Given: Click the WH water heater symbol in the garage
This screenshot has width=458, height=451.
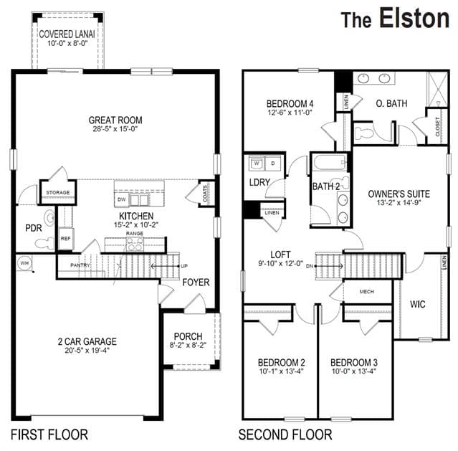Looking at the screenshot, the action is tap(24, 263).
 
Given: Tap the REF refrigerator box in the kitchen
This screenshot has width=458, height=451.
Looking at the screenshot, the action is tap(66, 239).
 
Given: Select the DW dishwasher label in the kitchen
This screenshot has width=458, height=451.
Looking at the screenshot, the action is tap(122, 199).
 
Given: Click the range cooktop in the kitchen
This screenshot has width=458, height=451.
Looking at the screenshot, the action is tap(135, 244).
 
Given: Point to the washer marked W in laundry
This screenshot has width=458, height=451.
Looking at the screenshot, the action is tap(257, 163).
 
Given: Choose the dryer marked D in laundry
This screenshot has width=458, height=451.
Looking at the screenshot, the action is tap(273, 163).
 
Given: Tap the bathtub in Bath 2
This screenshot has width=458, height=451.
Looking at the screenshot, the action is tap(330, 163).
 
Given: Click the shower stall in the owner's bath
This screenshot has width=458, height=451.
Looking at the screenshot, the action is tap(437, 90).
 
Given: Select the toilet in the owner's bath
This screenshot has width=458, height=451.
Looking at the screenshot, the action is tap(363, 133).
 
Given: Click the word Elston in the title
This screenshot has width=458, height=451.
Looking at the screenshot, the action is tap(414, 18).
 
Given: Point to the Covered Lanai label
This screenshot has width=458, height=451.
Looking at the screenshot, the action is tap(67, 34).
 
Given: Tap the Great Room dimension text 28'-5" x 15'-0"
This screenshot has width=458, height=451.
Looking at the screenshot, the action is tap(115, 129).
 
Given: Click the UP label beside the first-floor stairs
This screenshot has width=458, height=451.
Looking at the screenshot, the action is tap(184, 266).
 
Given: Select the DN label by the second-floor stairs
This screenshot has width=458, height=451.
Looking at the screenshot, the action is tap(310, 266).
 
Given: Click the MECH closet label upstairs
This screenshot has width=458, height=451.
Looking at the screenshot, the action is tap(366, 291).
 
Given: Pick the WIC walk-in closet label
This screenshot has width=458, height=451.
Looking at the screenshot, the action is tap(417, 304).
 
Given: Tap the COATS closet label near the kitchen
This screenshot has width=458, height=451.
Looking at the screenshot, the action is tap(205, 194).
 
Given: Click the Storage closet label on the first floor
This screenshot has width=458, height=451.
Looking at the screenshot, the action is tap(58, 193).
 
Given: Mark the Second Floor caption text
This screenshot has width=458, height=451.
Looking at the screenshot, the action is tap(285, 435).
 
